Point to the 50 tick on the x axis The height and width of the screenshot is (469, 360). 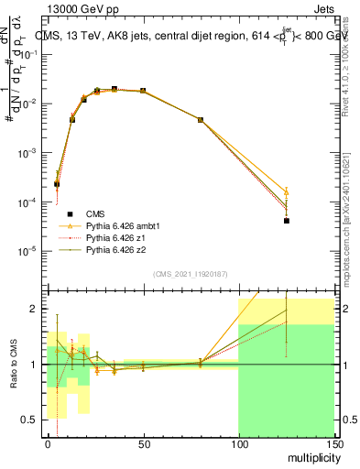[143, 444]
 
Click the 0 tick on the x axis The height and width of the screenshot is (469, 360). [48, 444]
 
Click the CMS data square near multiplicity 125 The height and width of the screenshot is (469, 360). [287, 221]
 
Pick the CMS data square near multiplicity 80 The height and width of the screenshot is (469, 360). [201, 120]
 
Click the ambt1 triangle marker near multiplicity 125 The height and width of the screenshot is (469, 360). [287, 192]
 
